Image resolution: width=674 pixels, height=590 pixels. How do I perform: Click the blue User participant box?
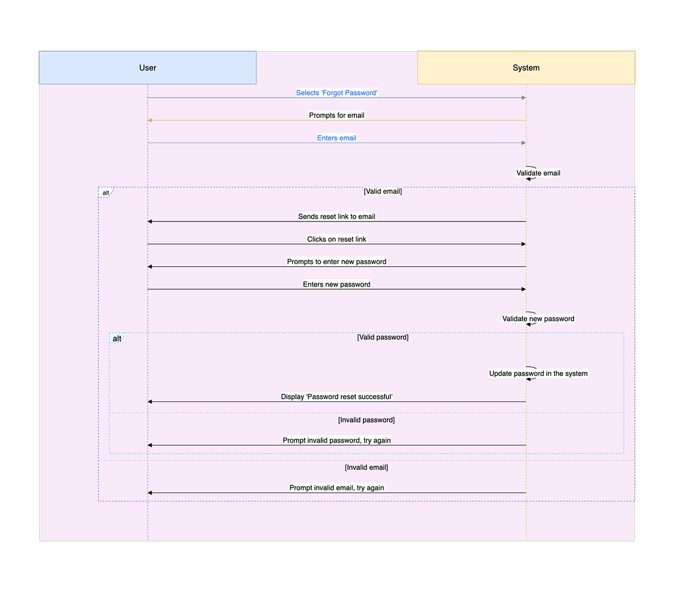point(147,67)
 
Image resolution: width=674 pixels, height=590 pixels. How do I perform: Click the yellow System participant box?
point(526,67)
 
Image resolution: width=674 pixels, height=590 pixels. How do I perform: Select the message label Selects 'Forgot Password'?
point(336,93)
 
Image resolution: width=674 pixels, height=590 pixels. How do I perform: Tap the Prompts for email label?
point(336,115)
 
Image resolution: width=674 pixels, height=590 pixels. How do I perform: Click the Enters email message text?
point(336,138)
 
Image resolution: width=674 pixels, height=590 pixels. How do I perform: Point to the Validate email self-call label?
point(538,173)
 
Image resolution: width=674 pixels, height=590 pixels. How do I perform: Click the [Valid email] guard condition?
point(383,191)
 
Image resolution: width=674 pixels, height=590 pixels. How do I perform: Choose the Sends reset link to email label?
point(336,216)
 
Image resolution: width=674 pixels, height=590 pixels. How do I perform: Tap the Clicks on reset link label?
point(336,239)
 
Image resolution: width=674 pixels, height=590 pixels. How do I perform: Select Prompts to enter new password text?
point(336,262)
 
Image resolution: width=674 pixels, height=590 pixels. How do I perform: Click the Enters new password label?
point(336,284)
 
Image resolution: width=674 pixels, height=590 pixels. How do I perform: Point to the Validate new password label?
point(538,318)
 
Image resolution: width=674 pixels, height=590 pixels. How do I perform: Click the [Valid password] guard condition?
point(383,337)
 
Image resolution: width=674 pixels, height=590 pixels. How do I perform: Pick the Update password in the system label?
point(538,373)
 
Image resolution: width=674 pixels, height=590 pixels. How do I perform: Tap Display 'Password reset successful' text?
point(336,397)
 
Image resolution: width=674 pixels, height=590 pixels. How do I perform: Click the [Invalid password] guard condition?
point(366,420)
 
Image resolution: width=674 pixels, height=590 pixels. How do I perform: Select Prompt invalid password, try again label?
point(336,440)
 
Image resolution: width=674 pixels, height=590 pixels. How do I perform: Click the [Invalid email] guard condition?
point(366,467)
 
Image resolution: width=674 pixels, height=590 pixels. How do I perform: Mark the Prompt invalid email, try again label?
point(336,488)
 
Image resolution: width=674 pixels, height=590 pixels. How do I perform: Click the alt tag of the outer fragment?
point(106,193)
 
